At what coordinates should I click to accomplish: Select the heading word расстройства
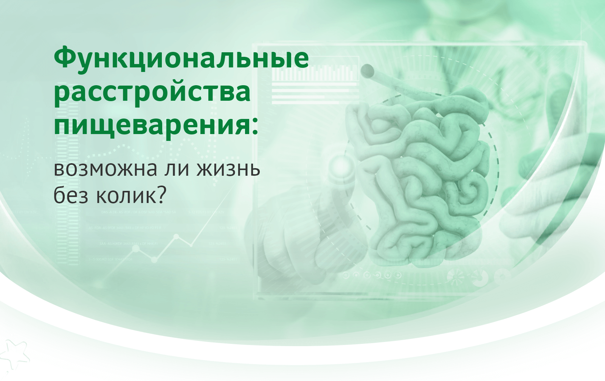pyautogui.click(x=152, y=93)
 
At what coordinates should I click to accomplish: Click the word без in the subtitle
pyautogui.click(x=71, y=196)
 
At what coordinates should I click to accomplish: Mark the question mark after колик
pyautogui.click(x=160, y=194)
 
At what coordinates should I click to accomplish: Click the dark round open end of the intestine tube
pyautogui.click(x=367, y=70)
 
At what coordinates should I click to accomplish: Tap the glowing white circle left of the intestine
pyautogui.click(x=341, y=164)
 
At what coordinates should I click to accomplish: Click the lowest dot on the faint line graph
pyautogui.click(x=154, y=260)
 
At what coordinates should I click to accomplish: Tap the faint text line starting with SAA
pyautogui.click(x=128, y=244)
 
